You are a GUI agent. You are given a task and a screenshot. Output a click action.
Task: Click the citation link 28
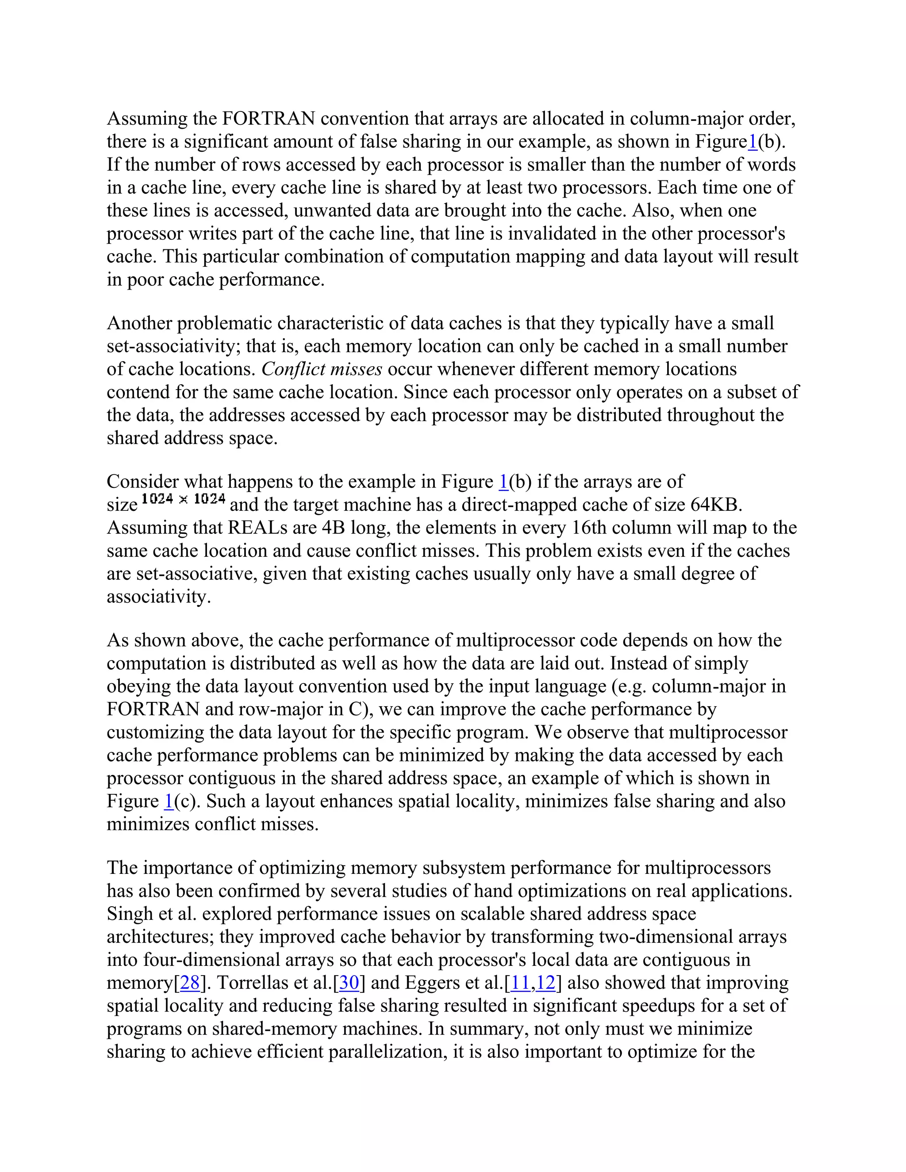(x=189, y=983)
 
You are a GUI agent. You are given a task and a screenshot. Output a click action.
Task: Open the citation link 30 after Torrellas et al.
(x=349, y=983)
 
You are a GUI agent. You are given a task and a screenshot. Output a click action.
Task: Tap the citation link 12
(x=545, y=983)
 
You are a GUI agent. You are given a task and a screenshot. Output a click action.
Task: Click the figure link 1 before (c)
(x=169, y=801)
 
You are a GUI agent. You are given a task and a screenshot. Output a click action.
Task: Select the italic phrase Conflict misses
(x=322, y=369)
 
